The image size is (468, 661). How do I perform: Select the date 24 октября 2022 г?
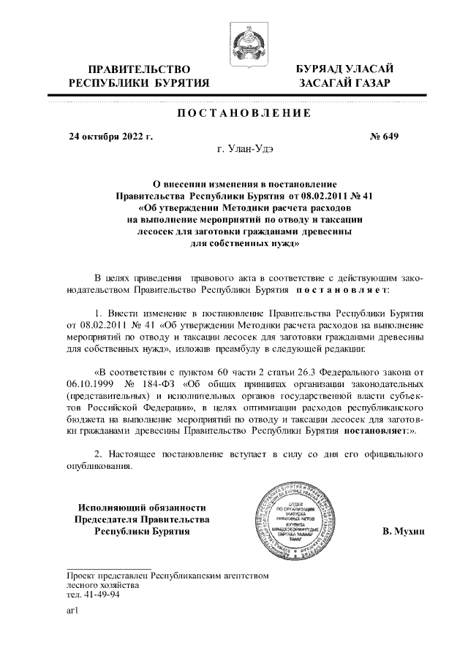point(110,136)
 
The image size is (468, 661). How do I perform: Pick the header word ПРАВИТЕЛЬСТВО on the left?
point(139,68)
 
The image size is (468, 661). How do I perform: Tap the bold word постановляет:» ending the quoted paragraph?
point(380,432)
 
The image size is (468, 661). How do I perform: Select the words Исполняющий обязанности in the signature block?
point(142,507)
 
